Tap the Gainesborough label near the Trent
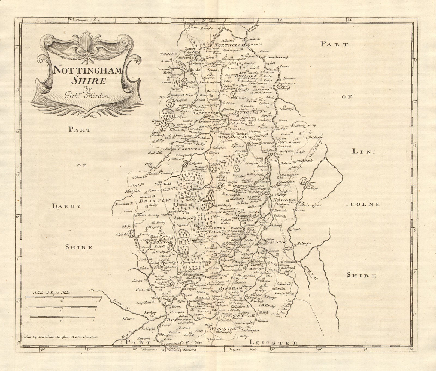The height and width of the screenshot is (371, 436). [276, 57]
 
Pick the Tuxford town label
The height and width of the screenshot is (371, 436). [240, 134]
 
